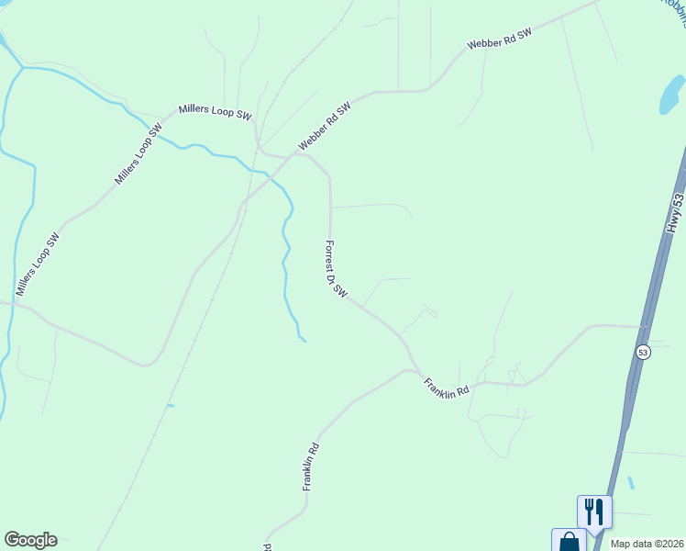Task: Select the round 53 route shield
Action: (x=643, y=353)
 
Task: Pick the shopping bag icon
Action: (x=569, y=541)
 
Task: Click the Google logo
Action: (x=30, y=540)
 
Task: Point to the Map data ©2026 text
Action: (x=647, y=544)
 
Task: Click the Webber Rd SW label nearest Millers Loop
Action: (x=325, y=128)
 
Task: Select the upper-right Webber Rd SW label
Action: (x=499, y=39)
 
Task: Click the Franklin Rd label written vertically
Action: (x=313, y=467)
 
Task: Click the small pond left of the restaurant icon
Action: (x=631, y=482)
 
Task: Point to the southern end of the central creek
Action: (x=304, y=341)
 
